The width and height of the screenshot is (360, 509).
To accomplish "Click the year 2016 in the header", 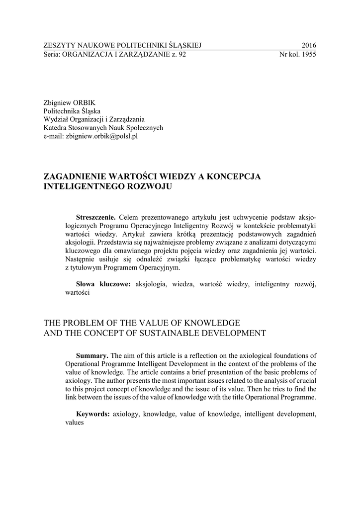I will pos(308,46).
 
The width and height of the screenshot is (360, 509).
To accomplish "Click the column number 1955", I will pos(308,55).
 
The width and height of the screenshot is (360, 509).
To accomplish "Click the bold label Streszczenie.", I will pos(95,217).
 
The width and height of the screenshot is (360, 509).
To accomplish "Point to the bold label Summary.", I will pos(92,355).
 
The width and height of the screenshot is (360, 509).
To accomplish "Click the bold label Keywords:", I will pos(93,414).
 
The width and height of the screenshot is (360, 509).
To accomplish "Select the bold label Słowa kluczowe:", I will pos(102,284).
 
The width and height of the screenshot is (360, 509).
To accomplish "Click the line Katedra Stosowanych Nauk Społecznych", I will pos(103,128).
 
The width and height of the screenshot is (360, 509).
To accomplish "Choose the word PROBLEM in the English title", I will pos(85,322).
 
